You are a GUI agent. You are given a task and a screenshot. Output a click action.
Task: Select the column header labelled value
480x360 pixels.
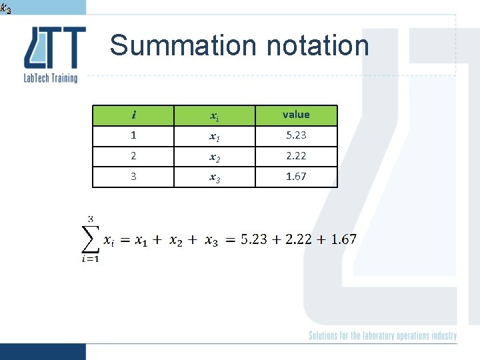[x=296, y=115]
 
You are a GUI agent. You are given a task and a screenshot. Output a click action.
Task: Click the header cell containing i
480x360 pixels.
[x=134, y=115]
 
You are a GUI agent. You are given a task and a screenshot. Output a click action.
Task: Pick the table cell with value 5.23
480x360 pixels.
[x=296, y=135]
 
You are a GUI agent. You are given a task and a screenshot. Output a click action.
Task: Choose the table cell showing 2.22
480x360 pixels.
[x=296, y=156]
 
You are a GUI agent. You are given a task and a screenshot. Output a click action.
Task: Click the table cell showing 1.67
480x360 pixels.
[x=296, y=177]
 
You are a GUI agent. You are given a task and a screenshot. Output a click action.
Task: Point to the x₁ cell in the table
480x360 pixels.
[x=215, y=136]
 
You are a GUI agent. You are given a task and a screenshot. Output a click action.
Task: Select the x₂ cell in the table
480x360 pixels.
[x=215, y=157]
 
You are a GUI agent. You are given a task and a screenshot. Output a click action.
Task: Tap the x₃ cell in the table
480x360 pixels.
[x=215, y=177]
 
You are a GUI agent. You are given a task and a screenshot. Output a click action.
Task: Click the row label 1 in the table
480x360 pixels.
[x=134, y=135]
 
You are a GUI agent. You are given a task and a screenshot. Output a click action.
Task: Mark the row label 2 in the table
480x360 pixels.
[x=134, y=156]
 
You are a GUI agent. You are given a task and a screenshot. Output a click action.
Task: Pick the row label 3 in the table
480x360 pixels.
[x=134, y=177]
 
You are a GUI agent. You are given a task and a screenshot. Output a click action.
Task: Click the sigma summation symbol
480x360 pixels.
[x=90, y=239]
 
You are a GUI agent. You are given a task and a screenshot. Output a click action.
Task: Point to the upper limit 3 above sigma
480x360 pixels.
[x=91, y=218]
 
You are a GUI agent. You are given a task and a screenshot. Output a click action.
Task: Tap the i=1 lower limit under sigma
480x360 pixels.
[x=90, y=259]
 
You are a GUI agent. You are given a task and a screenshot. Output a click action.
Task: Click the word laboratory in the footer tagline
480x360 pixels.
[x=378, y=336]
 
